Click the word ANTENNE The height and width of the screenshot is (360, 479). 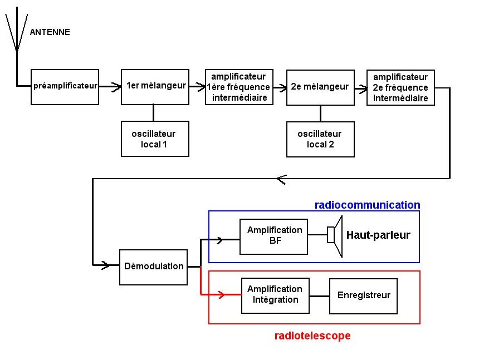(50, 32)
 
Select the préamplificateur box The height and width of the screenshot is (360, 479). (65, 87)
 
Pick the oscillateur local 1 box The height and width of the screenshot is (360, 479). (155, 139)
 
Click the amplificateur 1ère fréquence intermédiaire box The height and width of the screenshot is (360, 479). (238, 87)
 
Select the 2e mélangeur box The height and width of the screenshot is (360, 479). (320, 87)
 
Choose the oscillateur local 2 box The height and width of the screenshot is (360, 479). (320, 139)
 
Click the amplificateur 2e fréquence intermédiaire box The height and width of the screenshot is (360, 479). (400, 87)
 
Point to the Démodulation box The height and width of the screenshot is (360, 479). (153, 267)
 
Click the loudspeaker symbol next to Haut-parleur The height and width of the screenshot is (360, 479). (335, 235)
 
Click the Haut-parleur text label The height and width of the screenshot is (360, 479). (378, 235)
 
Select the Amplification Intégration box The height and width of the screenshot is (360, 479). (275, 294)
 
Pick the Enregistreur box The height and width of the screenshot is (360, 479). (363, 295)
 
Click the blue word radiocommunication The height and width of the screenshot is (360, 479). (367, 205)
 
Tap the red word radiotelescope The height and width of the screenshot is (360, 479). (312, 336)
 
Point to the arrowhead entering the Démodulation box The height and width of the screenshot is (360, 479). (105, 266)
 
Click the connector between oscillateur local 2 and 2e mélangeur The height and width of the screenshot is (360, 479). (320, 114)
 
